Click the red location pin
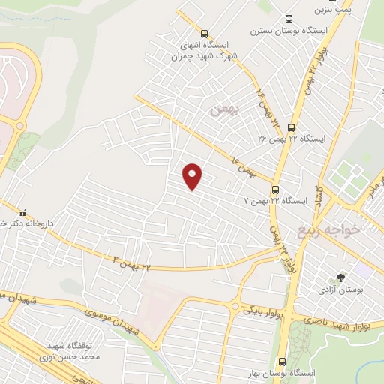193,176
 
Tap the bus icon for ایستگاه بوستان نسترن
289,20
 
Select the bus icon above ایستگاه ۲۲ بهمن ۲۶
291,127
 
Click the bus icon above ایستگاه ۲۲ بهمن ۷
276,190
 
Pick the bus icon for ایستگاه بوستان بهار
282,361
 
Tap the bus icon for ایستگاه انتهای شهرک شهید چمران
206,34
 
